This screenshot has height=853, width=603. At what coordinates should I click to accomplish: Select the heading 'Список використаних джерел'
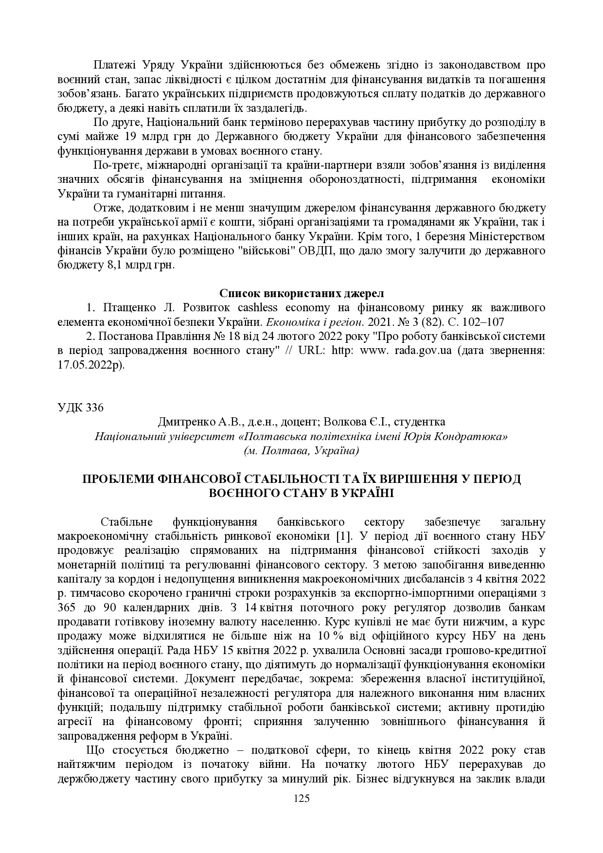click(x=301, y=293)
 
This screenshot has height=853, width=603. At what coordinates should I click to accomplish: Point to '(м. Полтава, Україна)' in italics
click(x=301, y=450)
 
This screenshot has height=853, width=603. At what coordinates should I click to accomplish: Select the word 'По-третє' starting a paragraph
click(x=112, y=165)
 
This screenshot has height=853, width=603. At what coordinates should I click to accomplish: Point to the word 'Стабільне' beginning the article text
click(x=126, y=522)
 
